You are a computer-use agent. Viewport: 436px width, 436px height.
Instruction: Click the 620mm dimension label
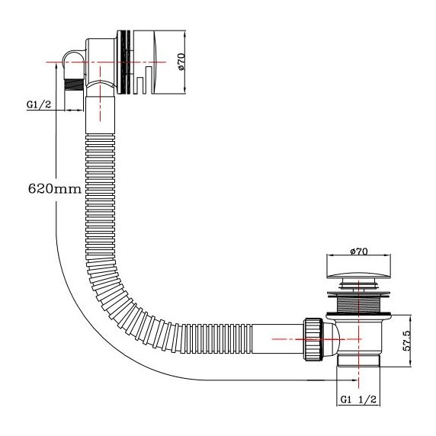53,188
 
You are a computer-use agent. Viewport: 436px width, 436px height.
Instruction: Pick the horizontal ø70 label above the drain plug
358,251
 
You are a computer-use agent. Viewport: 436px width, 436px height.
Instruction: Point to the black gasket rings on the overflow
123,63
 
